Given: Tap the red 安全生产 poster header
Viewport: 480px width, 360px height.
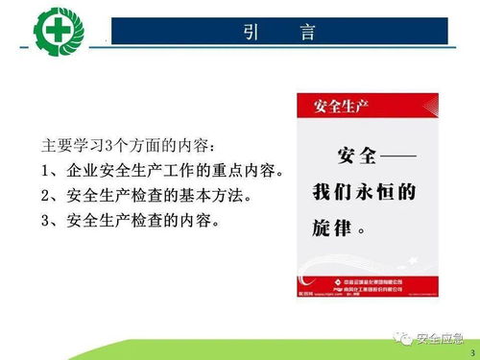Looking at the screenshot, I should coord(332,104).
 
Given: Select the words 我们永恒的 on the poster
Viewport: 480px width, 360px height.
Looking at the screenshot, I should coord(363,192).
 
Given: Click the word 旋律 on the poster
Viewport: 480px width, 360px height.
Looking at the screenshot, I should coord(333,230).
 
